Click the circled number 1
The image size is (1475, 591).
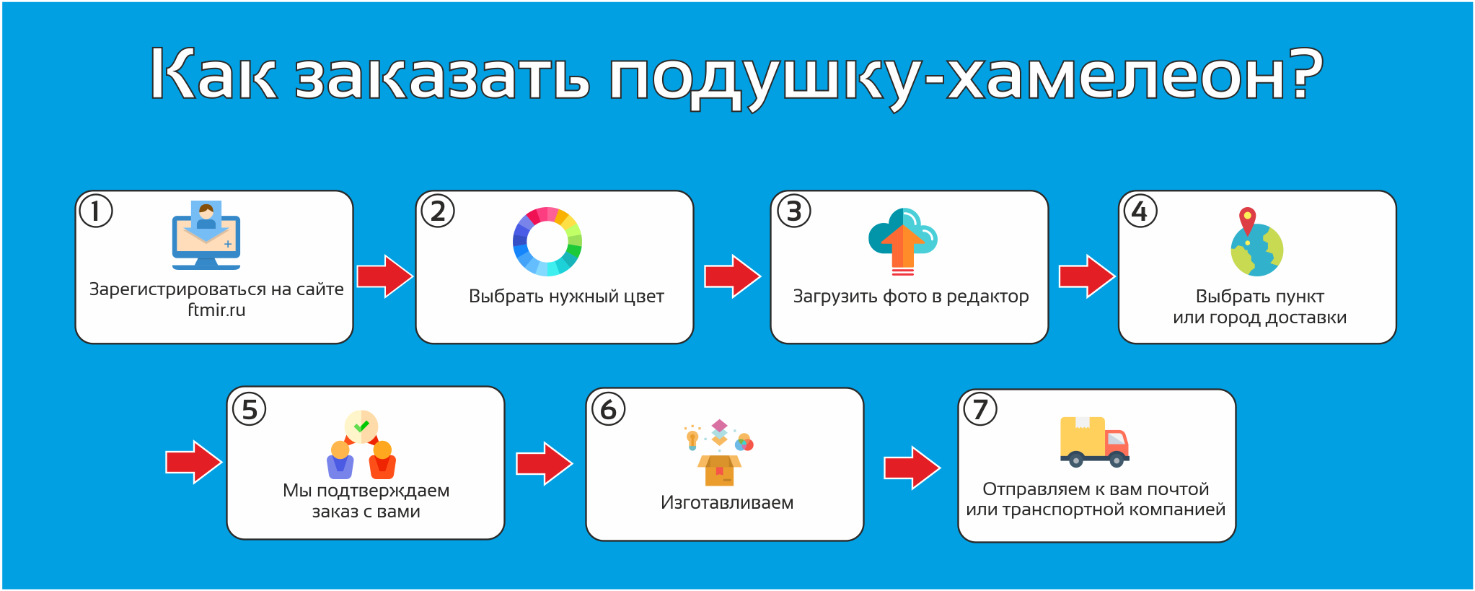(x=96, y=211)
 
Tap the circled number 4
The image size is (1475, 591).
(x=1140, y=211)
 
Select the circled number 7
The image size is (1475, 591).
(x=980, y=409)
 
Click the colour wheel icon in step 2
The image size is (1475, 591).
(x=547, y=242)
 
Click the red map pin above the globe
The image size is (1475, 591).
(x=1247, y=219)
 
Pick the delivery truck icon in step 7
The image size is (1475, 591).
(x=1094, y=442)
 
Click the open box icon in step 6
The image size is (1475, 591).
(x=719, y=470)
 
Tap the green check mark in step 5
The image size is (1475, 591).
(x=361, y=426)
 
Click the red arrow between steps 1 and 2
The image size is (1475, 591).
(x=385, y=276)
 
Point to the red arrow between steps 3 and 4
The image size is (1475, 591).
(x=1087, y=276)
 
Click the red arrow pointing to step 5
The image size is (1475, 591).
(x=194, y=462)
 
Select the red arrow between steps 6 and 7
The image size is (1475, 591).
(x=912, y=468)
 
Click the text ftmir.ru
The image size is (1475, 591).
(x=216, y=310)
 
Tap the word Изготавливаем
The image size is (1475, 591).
(x=727, y=503)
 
